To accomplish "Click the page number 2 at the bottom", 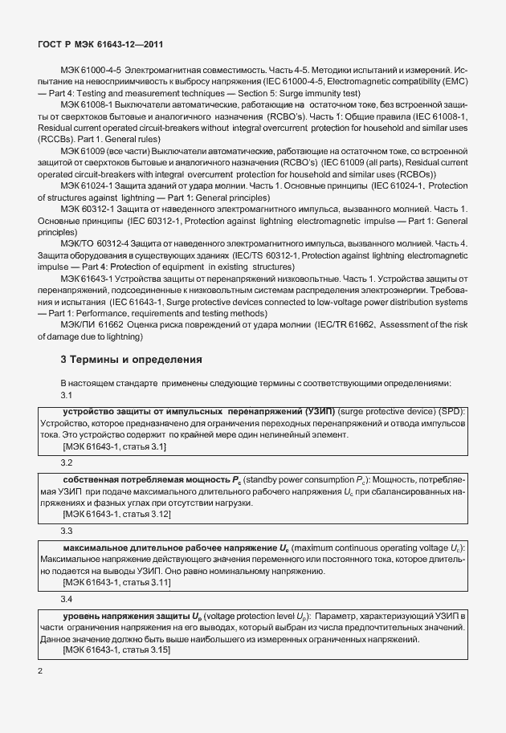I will click(x=41, y=669).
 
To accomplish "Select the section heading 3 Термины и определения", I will click(x=131, y=359).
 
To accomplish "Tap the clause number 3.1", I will click(x=67, y=395).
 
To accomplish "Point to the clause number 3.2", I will click(x=67, y=463).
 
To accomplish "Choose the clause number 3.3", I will click(x=67, y=531).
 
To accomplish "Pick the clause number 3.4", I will click(x=67, y=599).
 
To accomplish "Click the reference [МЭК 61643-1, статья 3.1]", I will click(x=114, y=446).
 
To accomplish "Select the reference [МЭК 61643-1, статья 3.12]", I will click(x=116, y=514).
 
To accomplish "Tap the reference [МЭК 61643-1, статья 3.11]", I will click(x=116, y=581).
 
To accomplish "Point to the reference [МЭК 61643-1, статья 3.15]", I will click(x=116, y=650).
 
